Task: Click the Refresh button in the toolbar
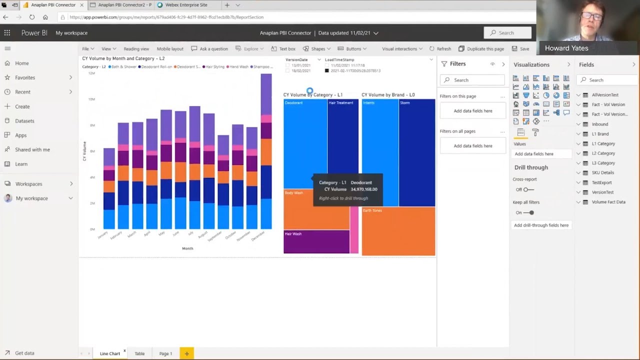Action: pos(440,49)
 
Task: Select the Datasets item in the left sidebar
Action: pos(24,121)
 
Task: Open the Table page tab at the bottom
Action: pos(139,353)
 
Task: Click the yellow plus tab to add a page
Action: pos(186,353)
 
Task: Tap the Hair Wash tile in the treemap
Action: pos(316,241)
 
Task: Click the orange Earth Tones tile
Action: pos(398,231)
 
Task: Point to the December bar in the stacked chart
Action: pos(266,150)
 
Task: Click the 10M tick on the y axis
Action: pos(91,99)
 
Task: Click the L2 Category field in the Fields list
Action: pos(603,153)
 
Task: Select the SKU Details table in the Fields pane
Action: pos(602,173)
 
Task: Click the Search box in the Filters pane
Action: pos(472,80)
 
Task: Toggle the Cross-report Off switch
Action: pos(528,189)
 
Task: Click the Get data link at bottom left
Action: pos(24,353)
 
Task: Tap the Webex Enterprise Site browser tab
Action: pos(182,5)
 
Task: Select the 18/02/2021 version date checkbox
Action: pos(288,71)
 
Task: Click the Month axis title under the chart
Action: pos(187,248)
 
